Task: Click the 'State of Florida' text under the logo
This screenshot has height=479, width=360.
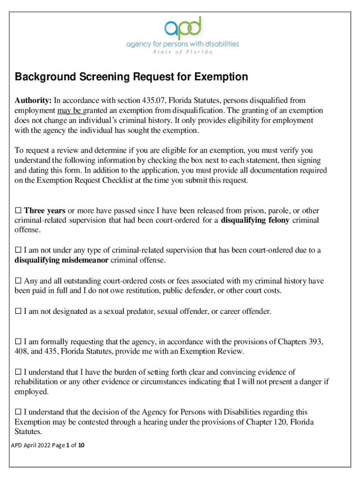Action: coord(182,51)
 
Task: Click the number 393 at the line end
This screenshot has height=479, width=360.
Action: coord(316,341)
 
